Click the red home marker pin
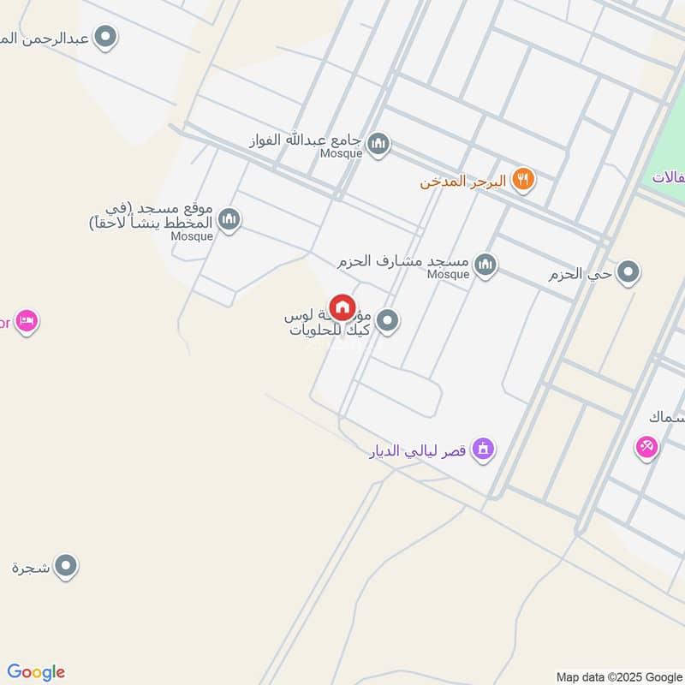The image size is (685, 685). click(342, 308)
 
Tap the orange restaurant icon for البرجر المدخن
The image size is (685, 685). click(524, 180)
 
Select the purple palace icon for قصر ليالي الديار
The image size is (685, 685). click(484, 449)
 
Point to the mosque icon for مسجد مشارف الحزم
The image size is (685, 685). click(485, 265)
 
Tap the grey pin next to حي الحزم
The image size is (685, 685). click(629, 273)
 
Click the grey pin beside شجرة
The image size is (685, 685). click(66, 566)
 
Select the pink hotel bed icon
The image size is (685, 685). click(27, 322)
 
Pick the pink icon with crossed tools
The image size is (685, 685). click(646, 446)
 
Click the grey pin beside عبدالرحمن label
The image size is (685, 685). click(106, 37)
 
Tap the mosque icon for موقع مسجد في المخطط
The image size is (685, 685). click(229, 220)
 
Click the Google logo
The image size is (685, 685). click(36, 672)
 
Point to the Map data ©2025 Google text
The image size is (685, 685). click(619, 676)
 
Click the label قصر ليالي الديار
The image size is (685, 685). click(417, 450)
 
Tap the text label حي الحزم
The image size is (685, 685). click(581, 274)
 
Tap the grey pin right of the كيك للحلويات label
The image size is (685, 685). click(388, 322)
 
